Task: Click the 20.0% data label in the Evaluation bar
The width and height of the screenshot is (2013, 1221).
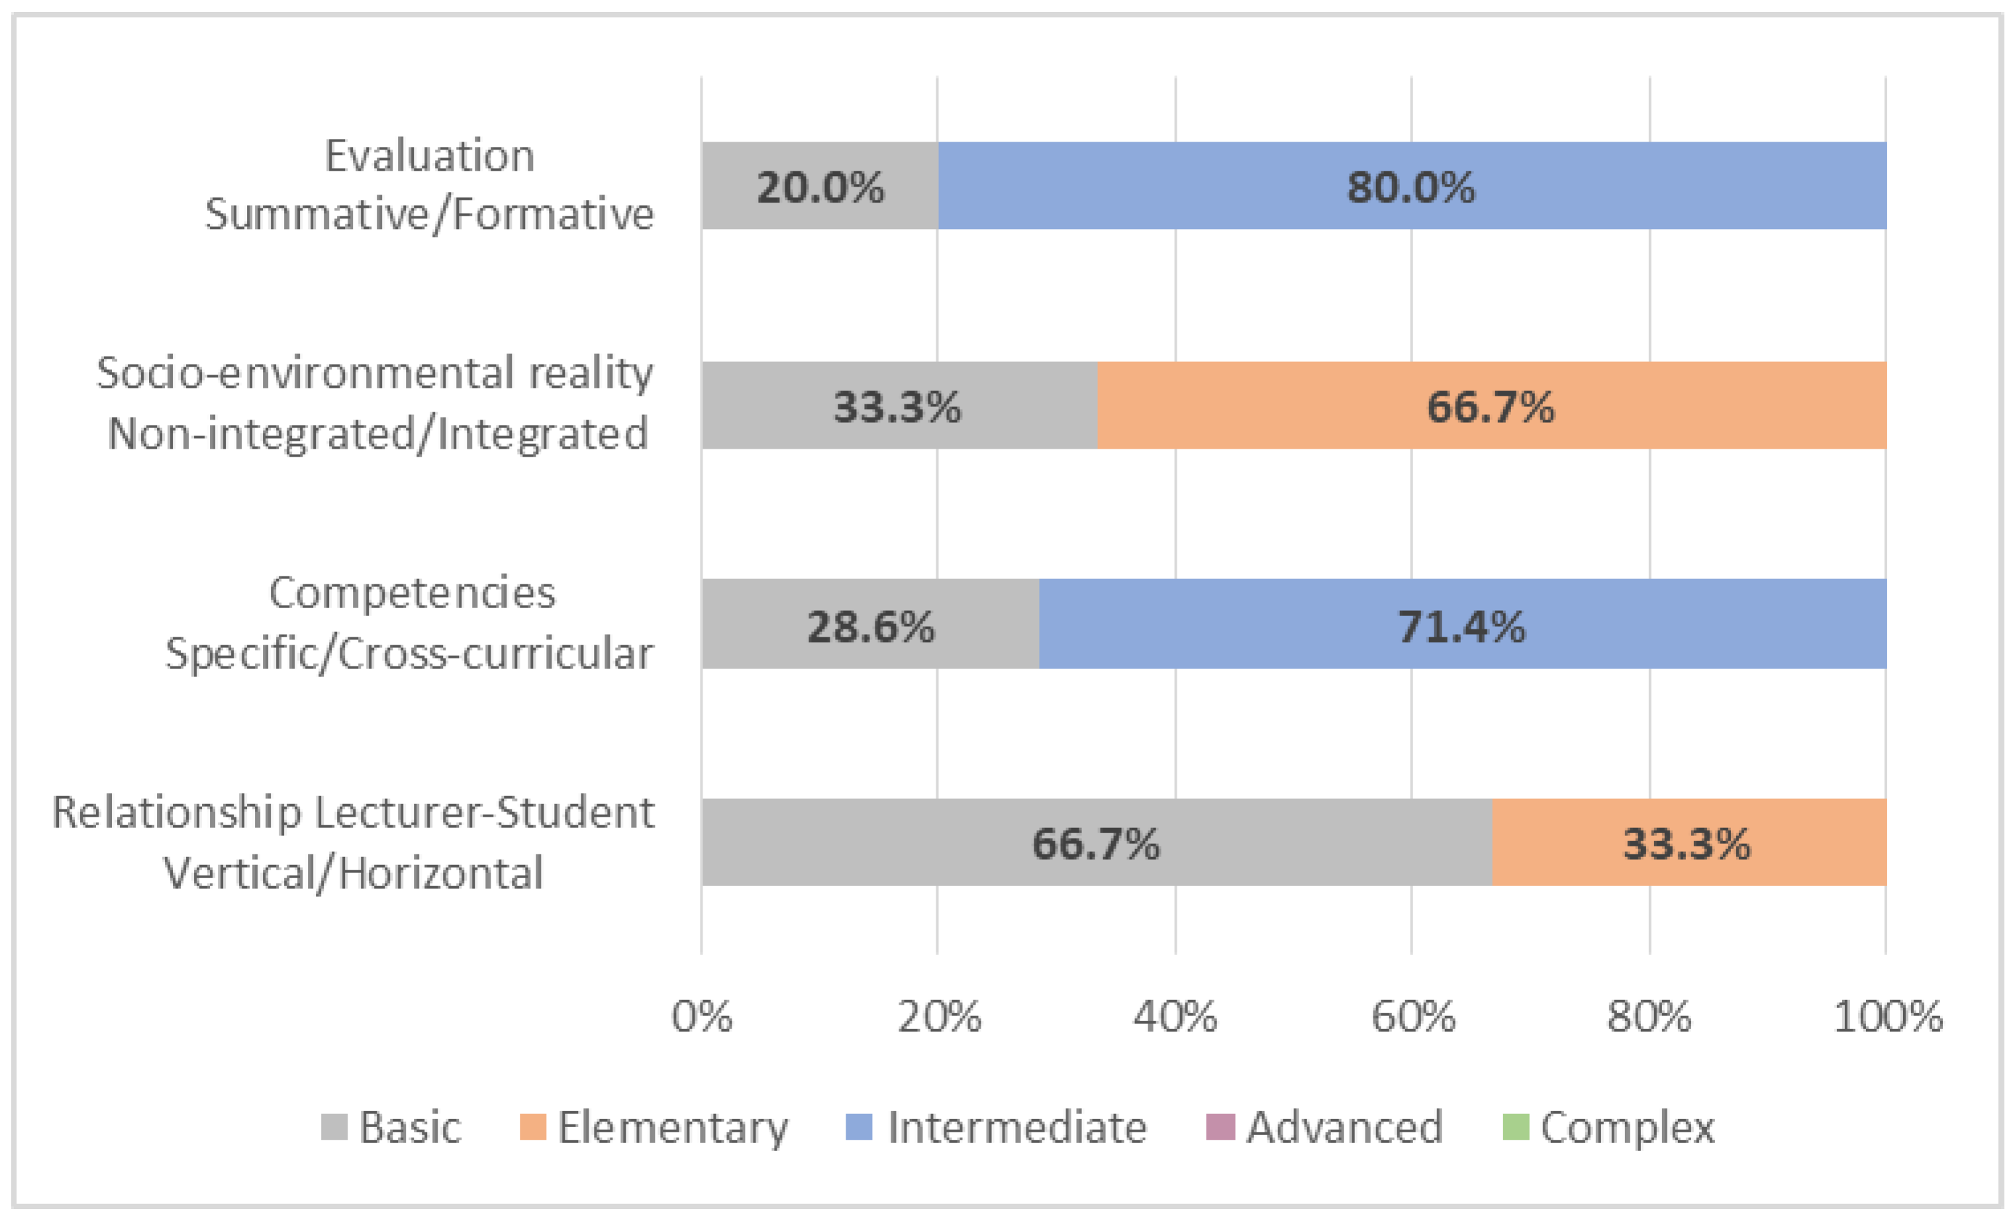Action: [819, 187]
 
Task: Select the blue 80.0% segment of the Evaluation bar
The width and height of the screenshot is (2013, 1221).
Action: [1411, 187]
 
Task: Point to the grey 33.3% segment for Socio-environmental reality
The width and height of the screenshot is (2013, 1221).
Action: [897, 406]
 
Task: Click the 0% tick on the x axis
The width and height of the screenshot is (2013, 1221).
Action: [702, 1017]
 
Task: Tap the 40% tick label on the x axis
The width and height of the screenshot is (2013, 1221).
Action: [1175, 1017]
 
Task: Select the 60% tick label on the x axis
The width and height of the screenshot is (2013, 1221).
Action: [1412, 1017]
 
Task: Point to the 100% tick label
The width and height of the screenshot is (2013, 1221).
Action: [1887, 1017]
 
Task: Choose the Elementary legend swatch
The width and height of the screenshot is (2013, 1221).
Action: [532, 1128]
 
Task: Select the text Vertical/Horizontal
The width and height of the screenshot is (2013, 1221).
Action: [353, 873]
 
